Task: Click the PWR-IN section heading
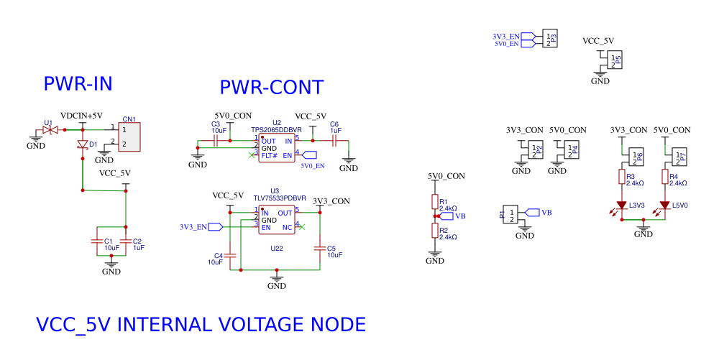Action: point(78,84)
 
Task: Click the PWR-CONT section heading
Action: point(272,88)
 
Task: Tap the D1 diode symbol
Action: point(83,144)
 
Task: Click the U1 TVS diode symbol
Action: point(50,130)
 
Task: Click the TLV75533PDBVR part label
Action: point(280,198)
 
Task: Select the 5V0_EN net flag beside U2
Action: point(309,155)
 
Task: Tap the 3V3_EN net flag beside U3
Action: point(215,227)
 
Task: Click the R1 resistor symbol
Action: point(434,202)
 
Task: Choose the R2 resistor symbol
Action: point(434,230)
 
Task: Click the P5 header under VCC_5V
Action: point(614,60)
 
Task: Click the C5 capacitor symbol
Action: point(320,249)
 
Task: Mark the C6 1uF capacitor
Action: point(335,142)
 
